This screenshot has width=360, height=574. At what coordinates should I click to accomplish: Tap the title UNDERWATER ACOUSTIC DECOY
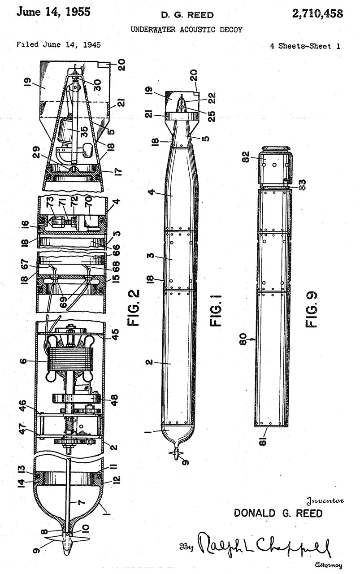point(186,30)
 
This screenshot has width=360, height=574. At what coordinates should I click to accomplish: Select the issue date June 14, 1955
point(53,12)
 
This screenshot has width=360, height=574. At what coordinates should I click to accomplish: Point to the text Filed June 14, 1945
point(58,45)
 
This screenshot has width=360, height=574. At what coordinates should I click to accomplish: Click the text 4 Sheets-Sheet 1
point(307,46)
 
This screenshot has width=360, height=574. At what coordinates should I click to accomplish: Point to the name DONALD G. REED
point(278,513)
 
